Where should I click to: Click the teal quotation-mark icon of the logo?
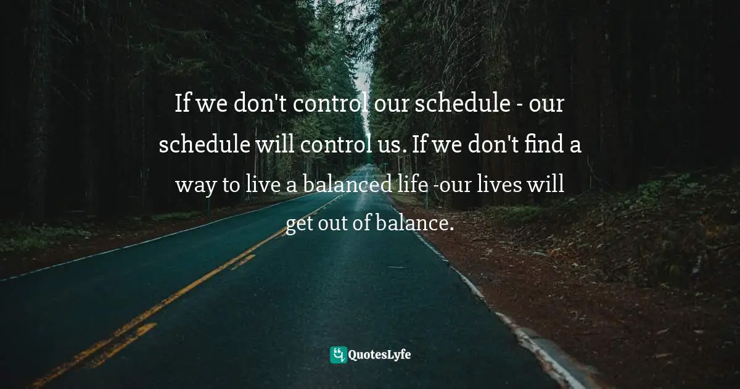pos(338,354)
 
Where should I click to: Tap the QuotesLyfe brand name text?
pos(380,354)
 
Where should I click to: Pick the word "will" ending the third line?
pos(548,185)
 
